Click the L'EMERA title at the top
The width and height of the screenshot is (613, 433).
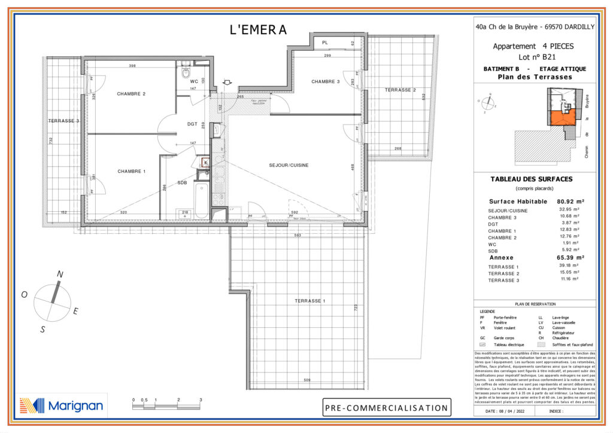coord(259,30)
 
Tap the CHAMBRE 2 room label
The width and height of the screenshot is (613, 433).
coord(131,94)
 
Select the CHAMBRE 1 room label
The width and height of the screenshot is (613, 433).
coord(132,172)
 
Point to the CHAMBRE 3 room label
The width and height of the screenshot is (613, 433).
coord(325,82)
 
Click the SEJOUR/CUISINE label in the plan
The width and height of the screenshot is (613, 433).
coord(289,166)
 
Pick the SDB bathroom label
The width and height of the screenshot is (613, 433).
coord(183,183)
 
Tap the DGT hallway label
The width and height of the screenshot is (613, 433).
coord(192,124)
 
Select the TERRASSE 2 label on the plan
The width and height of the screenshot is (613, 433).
coord(400,90)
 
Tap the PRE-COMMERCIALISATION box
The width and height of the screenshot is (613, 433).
coord(387,408)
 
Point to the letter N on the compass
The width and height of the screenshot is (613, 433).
coord(60,274)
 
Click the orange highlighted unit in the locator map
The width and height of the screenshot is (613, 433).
coord(562,117)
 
